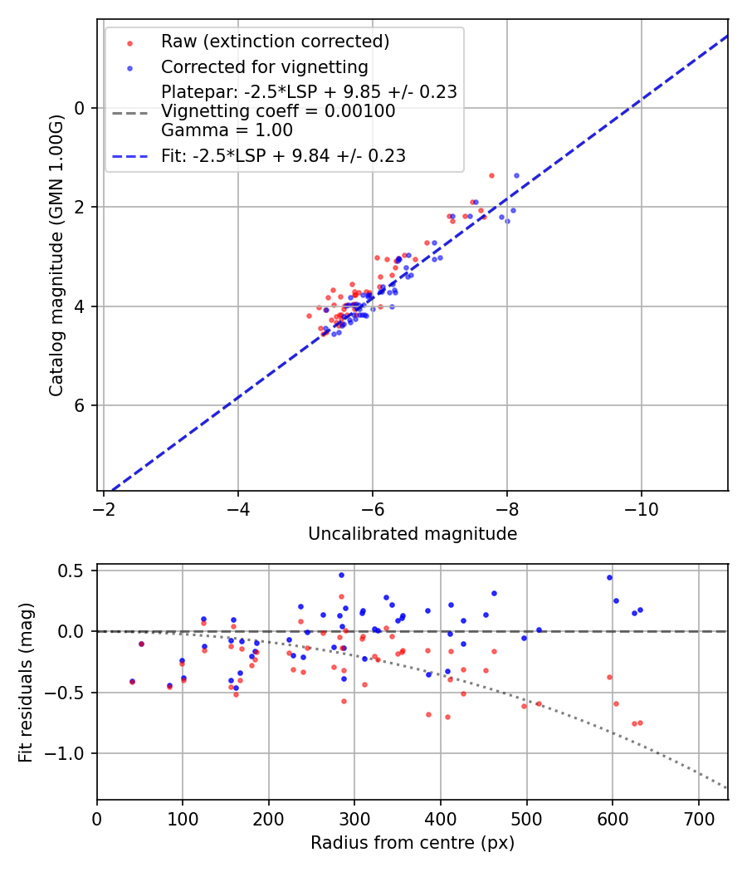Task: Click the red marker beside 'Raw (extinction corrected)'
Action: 129,42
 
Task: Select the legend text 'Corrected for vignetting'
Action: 265,66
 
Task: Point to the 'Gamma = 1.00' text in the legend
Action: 227,130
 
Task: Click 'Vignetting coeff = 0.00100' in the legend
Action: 278,110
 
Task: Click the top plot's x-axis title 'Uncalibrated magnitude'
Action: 413,534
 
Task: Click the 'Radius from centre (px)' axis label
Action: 413,843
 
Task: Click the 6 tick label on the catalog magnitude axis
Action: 80,405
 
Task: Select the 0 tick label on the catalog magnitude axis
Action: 80,108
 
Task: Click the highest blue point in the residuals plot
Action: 341,575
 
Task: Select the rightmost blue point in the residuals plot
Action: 640,610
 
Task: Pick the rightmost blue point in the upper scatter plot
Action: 516,175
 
